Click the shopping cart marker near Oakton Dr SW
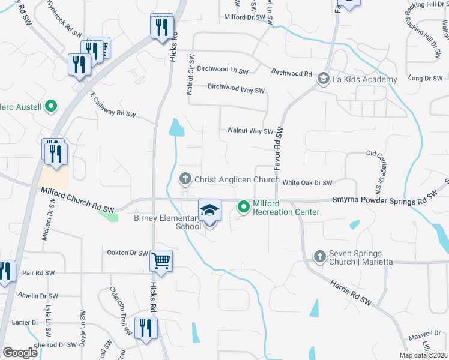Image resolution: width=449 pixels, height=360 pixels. (x=161, y=260)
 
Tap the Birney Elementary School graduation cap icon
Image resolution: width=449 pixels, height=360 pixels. (x=209, y=211)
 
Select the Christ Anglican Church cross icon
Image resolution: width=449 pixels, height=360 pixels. (x=185, y=178)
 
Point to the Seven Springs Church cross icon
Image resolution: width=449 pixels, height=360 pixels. (x=320, y=257)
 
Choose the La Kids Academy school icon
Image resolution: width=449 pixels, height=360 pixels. (x=324, y=79)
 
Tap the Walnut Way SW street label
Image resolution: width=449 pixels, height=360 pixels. (x=250, y=131)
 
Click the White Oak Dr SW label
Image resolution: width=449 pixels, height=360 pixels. (x=307, y=182)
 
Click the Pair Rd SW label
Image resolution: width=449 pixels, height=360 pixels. (x=38, y=273)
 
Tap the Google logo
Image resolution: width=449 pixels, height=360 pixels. (x=20, y=352)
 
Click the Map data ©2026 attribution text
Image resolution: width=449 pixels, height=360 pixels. (x=423, y=355)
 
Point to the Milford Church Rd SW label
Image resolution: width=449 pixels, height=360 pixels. (x=77, y=199)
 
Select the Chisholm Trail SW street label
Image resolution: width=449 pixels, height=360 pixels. (x=120, y=310)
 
